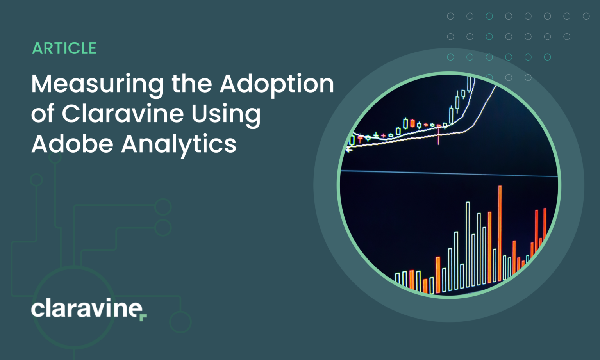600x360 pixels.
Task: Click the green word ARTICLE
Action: (64, 48)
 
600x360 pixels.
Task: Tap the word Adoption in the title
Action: (277, 84)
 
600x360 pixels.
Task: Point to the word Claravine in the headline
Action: (123, 114)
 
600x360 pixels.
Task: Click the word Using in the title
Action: (226, 114)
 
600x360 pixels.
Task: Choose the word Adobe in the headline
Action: (72, 144)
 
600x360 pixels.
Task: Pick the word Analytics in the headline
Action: (179, 144)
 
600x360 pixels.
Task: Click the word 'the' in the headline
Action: (191, 84)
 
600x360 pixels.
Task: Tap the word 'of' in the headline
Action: (43, 114)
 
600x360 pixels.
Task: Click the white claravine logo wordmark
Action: (87, 308)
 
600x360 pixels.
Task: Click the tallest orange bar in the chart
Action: (500, 233)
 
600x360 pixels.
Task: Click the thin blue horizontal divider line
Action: (449, 173)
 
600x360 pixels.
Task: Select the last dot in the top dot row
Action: (586, 16)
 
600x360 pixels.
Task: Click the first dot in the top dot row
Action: (450, 16)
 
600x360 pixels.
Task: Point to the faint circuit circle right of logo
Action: (180, 322)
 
